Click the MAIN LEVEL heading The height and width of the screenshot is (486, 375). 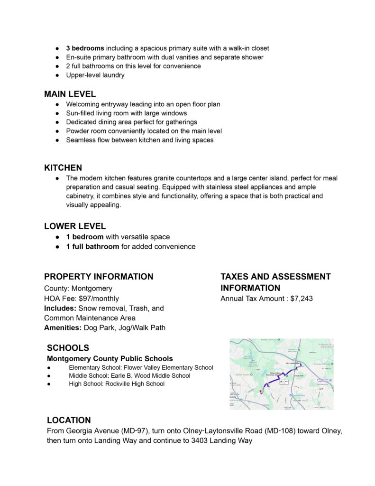pyautogui.click(x=70, y=94)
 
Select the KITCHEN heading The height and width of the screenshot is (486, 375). pyautogui.click(x=63, y=168)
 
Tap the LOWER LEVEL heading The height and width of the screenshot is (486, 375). pyautogui.click(x=75, y=226)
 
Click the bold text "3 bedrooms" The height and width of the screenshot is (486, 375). pyautogui.click(x=85, y=48)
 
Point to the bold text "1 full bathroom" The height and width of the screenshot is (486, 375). pyautogui.click(x=92, y=246)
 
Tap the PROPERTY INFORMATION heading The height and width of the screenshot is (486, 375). pyautogui.click(x=99, y=277)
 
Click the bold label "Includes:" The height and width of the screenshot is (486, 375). pyautogui.click(x=60, y=308)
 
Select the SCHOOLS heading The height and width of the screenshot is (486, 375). pyautogui.click(x=68, y=348)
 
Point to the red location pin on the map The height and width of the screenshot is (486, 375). pyautogui.click(x=261, y=391)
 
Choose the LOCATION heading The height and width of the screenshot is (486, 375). pyautogui.click(x=69, y=420)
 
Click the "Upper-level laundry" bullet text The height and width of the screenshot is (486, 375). pyautogui.click(x=95, y=75)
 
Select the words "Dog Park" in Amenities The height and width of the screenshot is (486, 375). pyautogui.click(x=99, y=327)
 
